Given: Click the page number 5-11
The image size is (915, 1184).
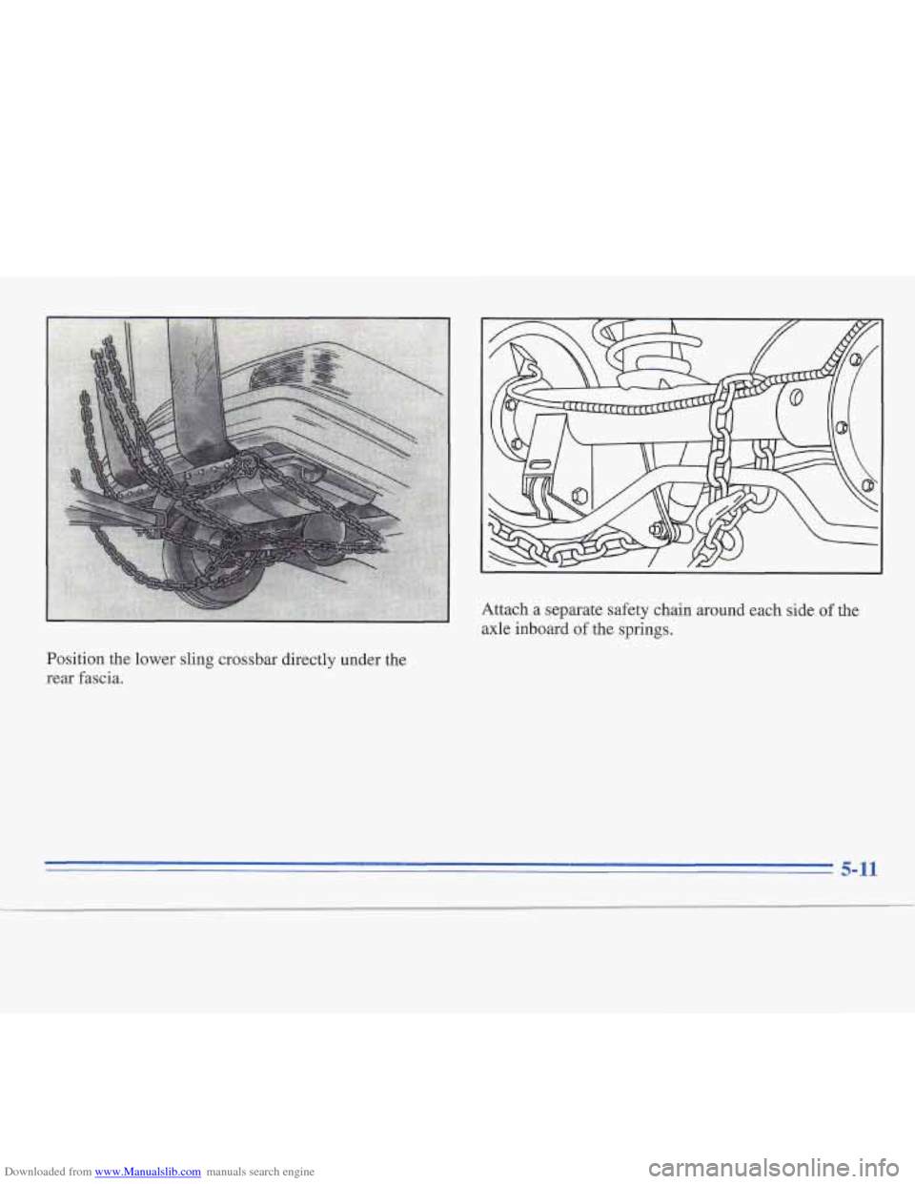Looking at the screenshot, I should tap(858, 869).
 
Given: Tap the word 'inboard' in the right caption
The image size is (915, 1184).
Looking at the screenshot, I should tap(557, 630).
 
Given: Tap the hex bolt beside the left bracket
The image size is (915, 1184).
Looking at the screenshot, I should tap(580, 496).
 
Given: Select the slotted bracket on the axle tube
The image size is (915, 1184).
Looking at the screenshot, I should tap(537, 467).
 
